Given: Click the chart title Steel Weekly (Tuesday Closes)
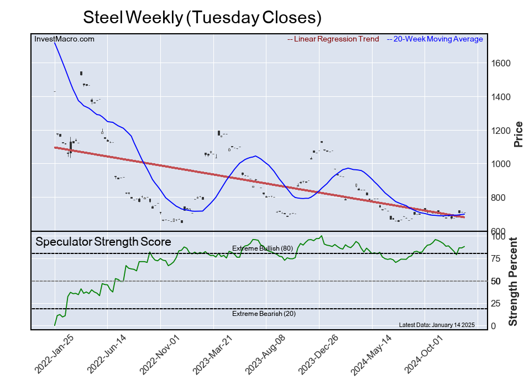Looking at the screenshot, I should (202, 17).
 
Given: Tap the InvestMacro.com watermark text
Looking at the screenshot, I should (64, 39).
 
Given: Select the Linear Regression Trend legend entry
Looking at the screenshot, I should (333, 39).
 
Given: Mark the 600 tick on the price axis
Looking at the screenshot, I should (499, 232).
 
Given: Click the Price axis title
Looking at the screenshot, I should (518, 133).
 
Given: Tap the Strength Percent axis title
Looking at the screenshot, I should (513, 281).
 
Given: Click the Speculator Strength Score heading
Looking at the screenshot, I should (103, 242).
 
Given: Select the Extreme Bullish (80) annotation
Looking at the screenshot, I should (262, 248).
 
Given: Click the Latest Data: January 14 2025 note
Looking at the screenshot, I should (436, 325).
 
